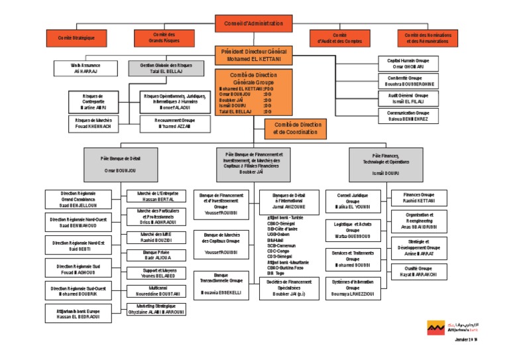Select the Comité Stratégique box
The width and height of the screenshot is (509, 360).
[76, 38]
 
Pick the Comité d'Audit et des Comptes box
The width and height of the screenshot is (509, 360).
[340, 38]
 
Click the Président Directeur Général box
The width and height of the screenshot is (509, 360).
[253, 55]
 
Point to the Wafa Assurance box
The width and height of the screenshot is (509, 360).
[84, 69]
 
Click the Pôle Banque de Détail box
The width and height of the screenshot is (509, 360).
[121, 164]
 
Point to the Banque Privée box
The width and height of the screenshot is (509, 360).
[157, 255]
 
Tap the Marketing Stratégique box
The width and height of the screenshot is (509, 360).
[157, 310]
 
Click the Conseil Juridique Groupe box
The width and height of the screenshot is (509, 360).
[353, 200]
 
